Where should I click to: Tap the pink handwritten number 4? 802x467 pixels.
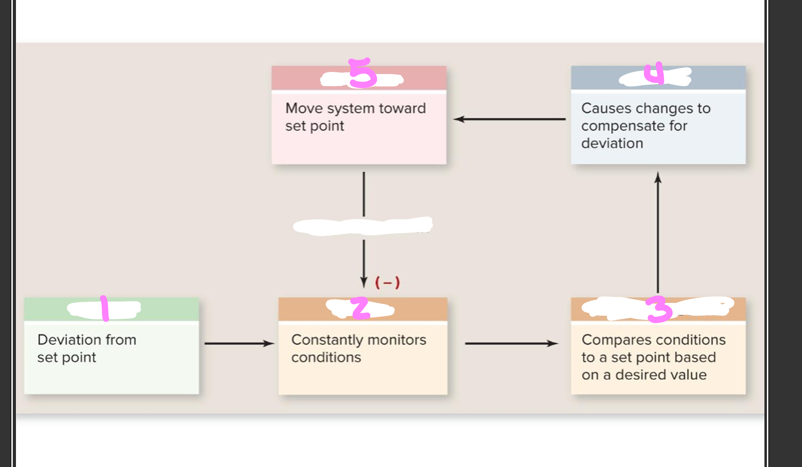(x=654, y=73)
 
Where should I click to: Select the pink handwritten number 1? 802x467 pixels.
(x=104, y=308)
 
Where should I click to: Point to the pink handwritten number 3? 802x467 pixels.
(x=658, y=309)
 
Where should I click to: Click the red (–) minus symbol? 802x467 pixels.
(x=387, y=283)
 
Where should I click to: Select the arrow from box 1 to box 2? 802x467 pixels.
(x=239, y=343)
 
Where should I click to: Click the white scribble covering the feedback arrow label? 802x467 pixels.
(x=363, y=226)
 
